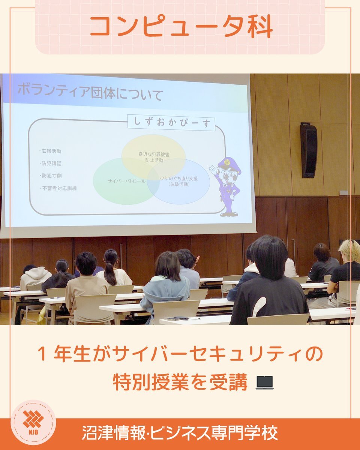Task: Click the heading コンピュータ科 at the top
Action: tap(181, 27)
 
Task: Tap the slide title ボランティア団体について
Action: tap(90, 93)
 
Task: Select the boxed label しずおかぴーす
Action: tap(171, 123)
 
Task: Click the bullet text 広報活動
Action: tap(51, 151)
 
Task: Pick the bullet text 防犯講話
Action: tap(51, 163)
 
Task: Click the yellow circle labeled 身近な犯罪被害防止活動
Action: tap(154, 157)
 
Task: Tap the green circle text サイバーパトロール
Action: tap(126, 181)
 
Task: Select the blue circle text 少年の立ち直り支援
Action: tap(178, 178)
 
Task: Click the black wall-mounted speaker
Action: tap(309, 150)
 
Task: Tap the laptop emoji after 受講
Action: tap(265, 383)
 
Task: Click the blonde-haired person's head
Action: tap(350, 251)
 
